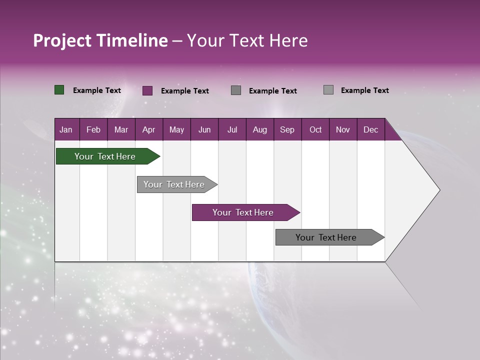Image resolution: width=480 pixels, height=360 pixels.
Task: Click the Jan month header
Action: [66, 129]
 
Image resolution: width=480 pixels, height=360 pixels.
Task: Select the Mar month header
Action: [121, 129]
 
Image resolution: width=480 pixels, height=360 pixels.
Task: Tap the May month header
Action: [176, 129]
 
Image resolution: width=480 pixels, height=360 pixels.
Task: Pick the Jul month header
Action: [232, 129]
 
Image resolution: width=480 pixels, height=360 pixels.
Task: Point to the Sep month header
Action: [287, 129]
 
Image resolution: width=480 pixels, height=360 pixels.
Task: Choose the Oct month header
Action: [315, 129]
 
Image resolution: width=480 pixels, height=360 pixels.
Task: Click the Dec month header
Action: [370, 129]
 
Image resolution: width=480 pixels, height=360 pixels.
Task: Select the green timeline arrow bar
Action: [105, 156]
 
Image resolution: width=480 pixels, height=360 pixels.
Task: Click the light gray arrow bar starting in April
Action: [174, 184]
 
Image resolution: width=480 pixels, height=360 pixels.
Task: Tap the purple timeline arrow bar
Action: [243, 212]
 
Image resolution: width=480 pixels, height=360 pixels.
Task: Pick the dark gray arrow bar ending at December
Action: [326, 237]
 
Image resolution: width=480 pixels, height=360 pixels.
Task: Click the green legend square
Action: [59, 90]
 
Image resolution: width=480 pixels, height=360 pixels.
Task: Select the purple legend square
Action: [147, 90]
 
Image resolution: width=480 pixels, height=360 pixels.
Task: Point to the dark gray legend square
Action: [236, 90]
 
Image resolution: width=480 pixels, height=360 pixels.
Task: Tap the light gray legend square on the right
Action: [328, 90]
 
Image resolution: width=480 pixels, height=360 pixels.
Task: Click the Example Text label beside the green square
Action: [97, 90]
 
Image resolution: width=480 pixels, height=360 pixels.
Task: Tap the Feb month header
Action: [93, 129]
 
